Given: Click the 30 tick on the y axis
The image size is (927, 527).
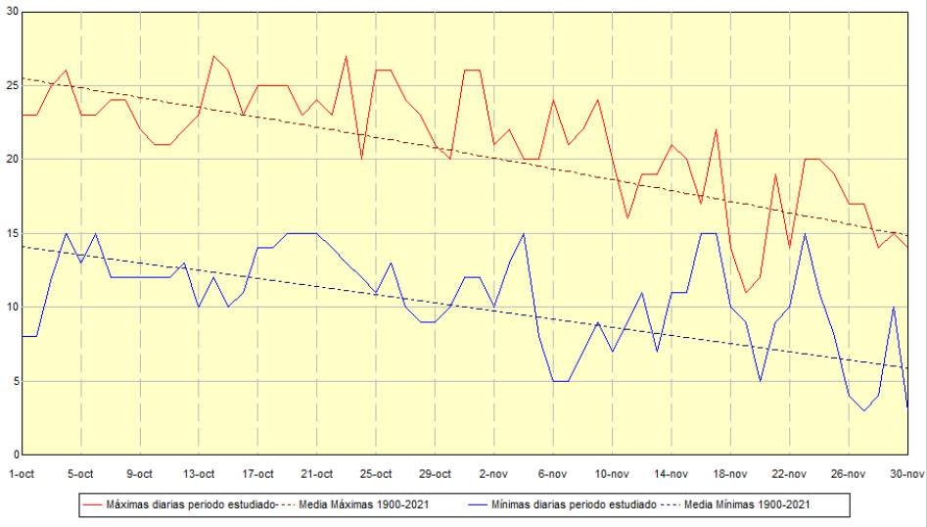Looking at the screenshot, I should pos(12,11).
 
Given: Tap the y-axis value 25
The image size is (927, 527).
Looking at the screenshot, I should pos(12,85).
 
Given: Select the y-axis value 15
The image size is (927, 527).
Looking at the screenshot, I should pos(12,233).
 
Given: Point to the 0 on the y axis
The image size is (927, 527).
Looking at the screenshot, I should pos(15,455).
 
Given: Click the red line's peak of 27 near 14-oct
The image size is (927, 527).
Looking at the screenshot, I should pos(213,56).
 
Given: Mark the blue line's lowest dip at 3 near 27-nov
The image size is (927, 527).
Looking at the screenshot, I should pos(863,410).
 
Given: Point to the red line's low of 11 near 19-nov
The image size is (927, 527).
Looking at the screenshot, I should pos(745,292).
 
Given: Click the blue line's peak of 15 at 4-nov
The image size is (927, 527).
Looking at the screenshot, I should pos(524,233).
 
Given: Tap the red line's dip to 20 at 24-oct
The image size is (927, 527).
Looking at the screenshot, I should pos(361,159).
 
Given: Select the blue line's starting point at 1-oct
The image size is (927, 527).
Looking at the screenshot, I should pos(23,336).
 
